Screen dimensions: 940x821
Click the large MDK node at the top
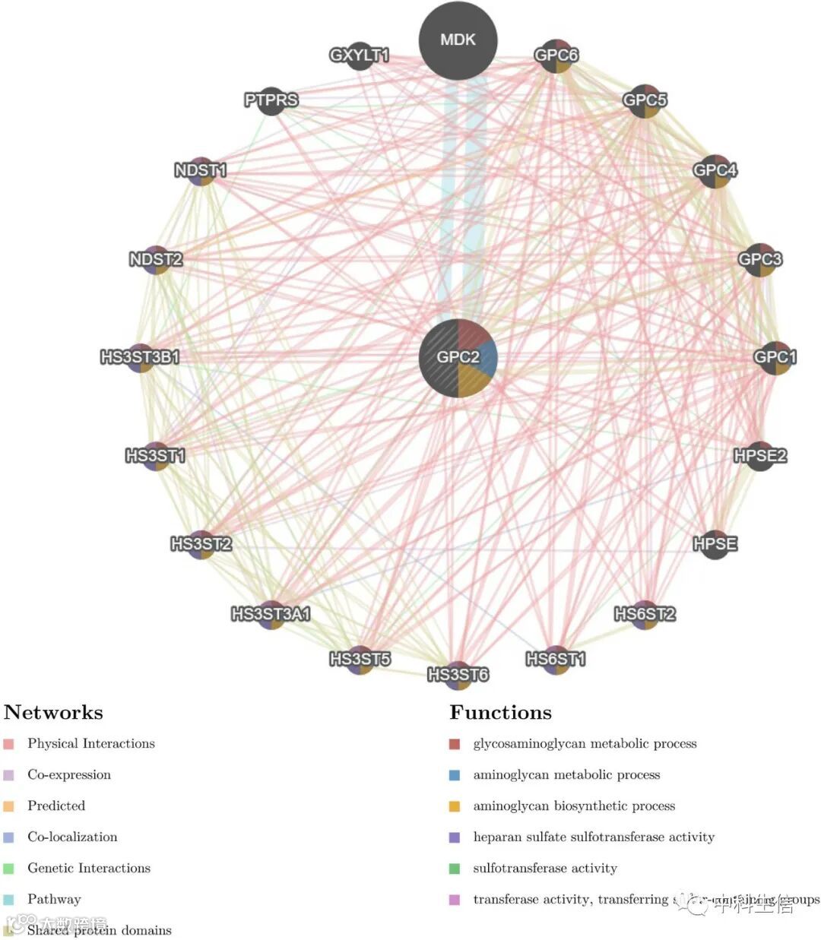click(x=458, y=40)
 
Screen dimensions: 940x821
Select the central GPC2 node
click(x=458, y=357)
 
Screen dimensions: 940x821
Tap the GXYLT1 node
click(x=359, y=55)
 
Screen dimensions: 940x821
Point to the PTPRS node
click(x=271, y=100)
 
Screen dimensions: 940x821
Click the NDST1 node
click(x=201, y=170)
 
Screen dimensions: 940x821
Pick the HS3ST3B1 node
click(x=141, y=357)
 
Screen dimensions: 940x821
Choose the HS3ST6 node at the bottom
click(x=458, y=675)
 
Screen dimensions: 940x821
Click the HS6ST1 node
click(x=556, y=659)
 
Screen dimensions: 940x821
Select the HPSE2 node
click(x=759, y=456)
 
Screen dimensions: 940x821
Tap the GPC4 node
click(x=715, y=170)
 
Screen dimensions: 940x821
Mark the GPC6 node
click(x=556, y=55)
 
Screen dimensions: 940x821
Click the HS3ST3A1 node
click(x=271, y=614)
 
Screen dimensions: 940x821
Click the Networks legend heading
click(x=53, y=712)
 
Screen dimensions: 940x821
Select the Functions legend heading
click(x=500, y=712)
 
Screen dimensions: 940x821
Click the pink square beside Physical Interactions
click(x=9, y=744)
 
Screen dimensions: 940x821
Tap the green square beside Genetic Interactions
click(x=9, y=869)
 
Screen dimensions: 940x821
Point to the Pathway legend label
click(x=54, y=899)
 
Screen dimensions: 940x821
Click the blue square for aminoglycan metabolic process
click(x=455, y=775)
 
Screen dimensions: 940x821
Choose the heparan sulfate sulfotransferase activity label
click(x=594, y=837)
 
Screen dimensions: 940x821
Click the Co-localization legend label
click(x=72, y=837)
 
